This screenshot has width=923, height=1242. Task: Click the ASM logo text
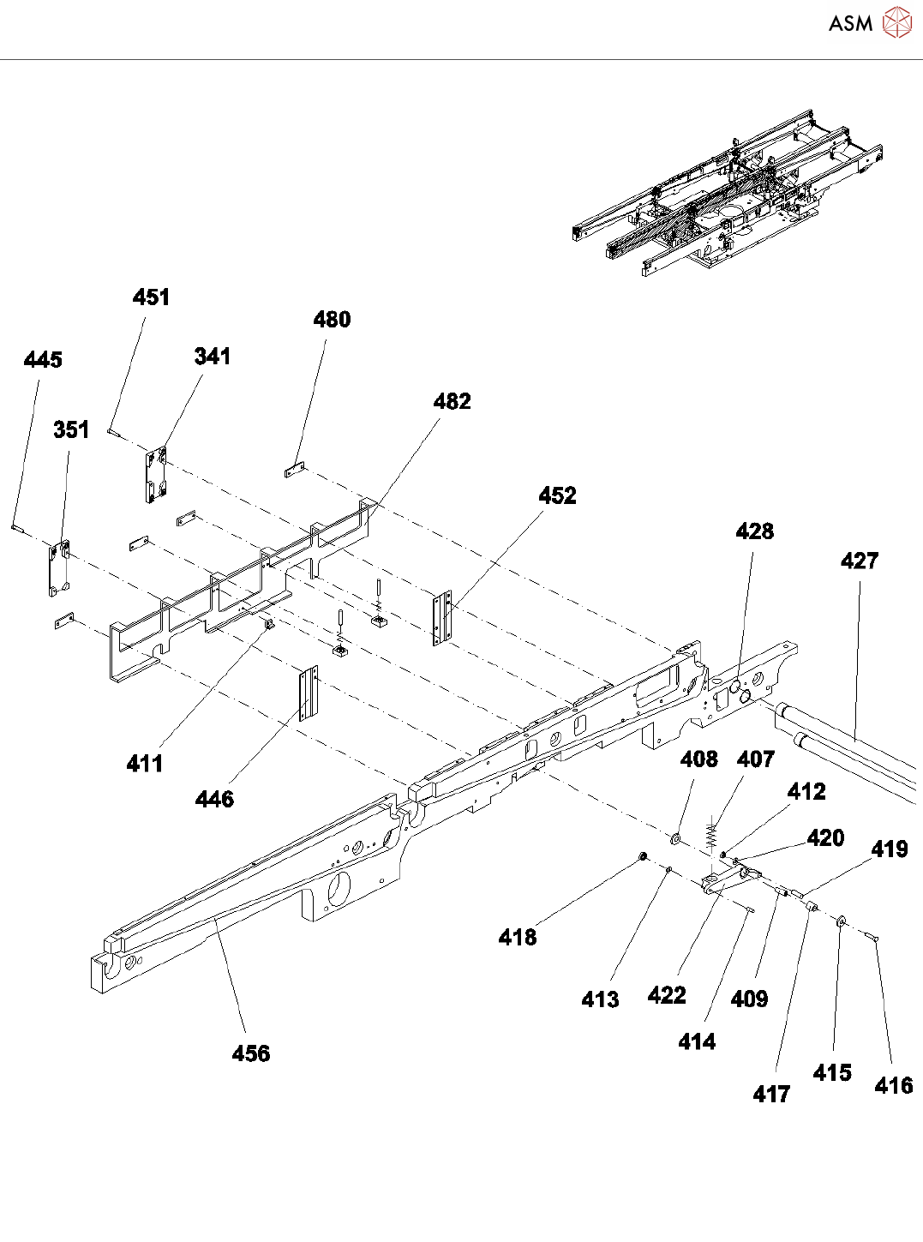pyautogui.click(x=850, y=23)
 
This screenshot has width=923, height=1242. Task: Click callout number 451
pyautogui.click(x=151, y=297)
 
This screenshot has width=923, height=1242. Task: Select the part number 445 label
pyautogui.click(x=43, y=360)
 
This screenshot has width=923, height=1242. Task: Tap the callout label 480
pyautogui.click(x=332, y=320)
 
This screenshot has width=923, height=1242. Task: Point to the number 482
pyautogui.click(x=452, y=402)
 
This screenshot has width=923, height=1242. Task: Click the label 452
pyautogui.click(x=557, y=496)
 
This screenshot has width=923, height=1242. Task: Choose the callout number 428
pyautogui.click(x=754, y=532)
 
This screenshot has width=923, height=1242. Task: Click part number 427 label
pyautogui.click(x=859, y=561)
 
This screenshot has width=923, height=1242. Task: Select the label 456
pyautogui.click(x=250, y=1054)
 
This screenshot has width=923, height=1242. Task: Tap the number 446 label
pyautogui.click(x=214, y=800)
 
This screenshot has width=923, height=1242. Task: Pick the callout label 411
pyautogui.click(x=145, y=764)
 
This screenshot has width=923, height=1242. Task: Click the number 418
pyautogui.click(x=518, y=938)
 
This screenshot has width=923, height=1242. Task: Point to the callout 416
pyautogui.click(x=893, y=1086)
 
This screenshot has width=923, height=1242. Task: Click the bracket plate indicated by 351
pyautogui.click(x=58, y=567)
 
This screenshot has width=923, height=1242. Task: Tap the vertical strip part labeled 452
pyautogui.click(x=442, y=617)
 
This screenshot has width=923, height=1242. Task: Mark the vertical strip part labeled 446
pyautogui.click(x=308, y=695)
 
